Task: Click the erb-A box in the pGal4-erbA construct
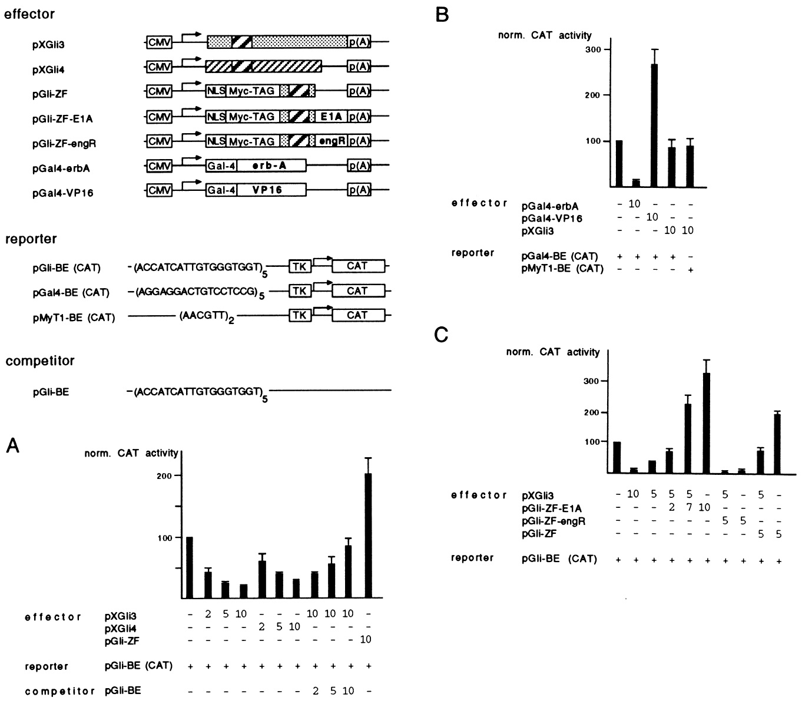271,167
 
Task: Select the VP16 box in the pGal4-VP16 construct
271,190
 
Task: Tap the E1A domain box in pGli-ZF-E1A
331,117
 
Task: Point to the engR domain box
331,141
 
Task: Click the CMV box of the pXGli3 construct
159,43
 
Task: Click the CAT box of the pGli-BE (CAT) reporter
357,266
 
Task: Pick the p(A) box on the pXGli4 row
359,67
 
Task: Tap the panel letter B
442,14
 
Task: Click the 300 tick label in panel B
593,49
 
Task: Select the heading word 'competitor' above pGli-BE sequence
40,361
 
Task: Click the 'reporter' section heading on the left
31,239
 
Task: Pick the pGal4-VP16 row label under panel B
552,219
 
